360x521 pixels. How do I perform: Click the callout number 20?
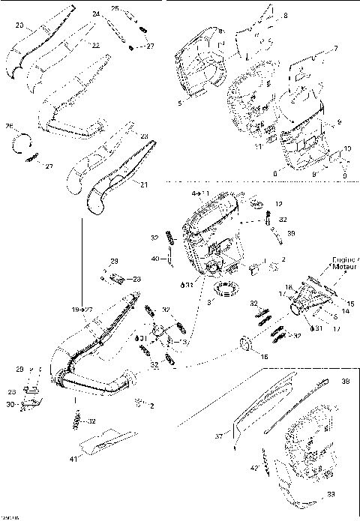(x=19, y=26)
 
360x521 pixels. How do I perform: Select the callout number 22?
(x=95, y=45)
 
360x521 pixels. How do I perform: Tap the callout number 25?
(x=115, y=8)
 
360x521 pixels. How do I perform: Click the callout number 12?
(x=278, y=204)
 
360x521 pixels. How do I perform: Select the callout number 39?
(x=291, y=234)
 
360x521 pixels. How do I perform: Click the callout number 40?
(x=154, y=259)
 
